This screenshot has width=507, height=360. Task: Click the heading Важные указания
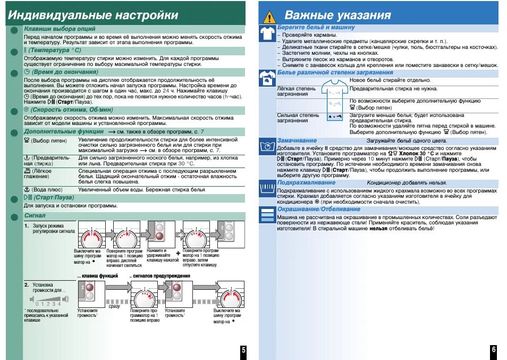pyautogui.click(x=337, y=15)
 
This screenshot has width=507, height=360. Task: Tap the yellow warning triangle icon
pyautogui.click(x=270, y=16)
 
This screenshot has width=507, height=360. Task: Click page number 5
pyautogui.click(x=243, y=350)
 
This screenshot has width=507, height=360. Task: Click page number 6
pyautogui.click(x=493, y=350)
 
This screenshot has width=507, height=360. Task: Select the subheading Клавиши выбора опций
pyautogui.click(x=60, y=28)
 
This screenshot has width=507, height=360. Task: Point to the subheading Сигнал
pyautogui.click(x=35, y=215)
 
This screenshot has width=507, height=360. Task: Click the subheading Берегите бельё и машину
pyautogui.click(x=316, y=27)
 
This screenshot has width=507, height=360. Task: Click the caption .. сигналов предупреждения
pyautogui.click(x=160, y=276)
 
